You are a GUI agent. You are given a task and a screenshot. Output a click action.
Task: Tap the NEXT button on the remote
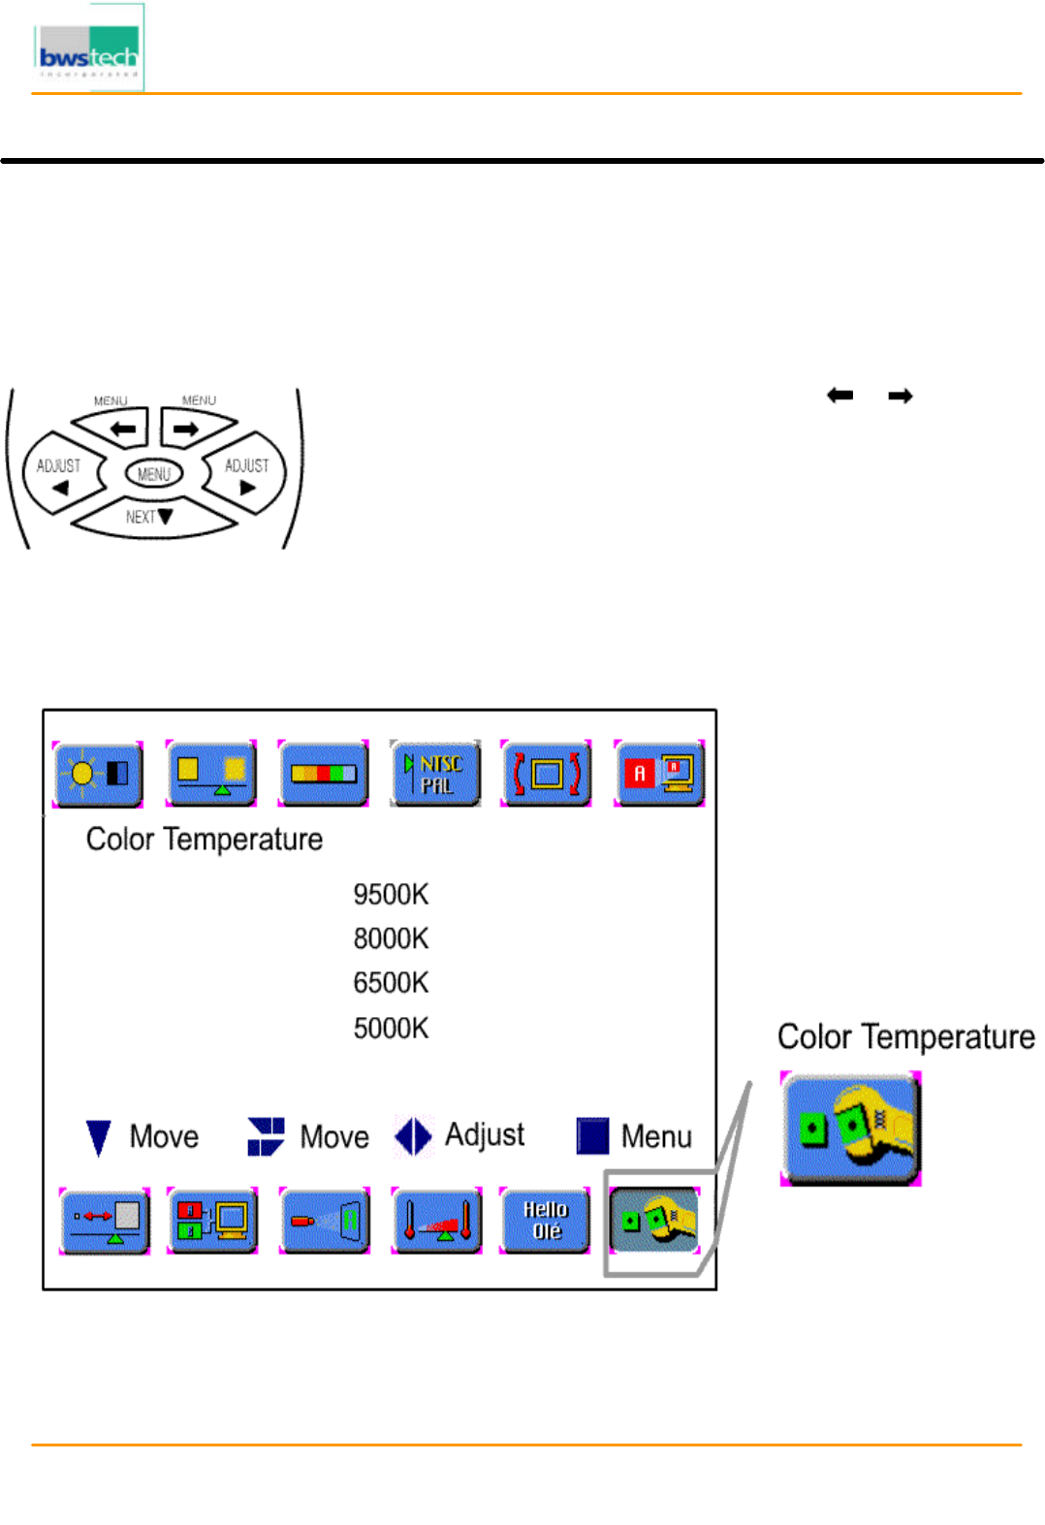pos(151,518)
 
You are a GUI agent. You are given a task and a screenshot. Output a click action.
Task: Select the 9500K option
pos(391,894)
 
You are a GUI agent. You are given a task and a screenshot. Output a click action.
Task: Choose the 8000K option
pos(391,938)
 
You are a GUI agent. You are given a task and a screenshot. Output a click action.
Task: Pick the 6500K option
pos(391,983)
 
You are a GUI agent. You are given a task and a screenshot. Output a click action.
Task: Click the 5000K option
pos(391,1028)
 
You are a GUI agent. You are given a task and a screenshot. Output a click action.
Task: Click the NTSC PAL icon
pos(435,774)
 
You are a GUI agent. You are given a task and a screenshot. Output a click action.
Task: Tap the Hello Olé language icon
pos(545,1221)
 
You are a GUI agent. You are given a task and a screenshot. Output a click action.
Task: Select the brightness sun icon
pos(98,774)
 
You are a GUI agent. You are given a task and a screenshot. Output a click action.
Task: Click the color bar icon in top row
pos(323,774)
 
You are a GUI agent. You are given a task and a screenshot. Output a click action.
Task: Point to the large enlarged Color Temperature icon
pos(850,1128)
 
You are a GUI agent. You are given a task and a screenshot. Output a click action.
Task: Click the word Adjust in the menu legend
pos(485,1134)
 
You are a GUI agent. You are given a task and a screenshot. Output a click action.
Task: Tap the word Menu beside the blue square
pos(656,1136)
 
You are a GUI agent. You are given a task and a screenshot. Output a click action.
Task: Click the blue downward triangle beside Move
pos(98,1137)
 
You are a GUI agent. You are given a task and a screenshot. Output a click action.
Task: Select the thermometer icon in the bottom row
pos(436,1221)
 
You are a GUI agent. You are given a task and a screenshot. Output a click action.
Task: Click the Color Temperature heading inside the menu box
pos(205,839)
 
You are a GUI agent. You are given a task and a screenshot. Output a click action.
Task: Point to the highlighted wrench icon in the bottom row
pos(655,1221)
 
